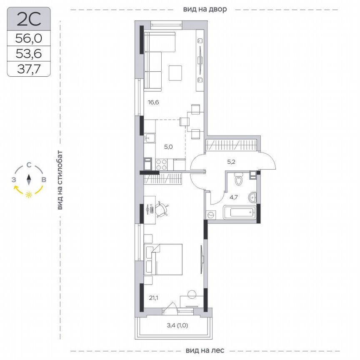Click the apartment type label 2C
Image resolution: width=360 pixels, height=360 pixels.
click(29, 19)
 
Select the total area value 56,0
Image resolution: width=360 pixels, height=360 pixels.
click(29, 39)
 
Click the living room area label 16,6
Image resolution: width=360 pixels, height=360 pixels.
click(153, 102)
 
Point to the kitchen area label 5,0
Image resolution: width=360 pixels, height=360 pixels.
click(167, 147)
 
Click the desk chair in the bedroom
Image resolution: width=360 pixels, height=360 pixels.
click(162, 209)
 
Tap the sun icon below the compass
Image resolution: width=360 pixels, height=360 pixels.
click(29, 195)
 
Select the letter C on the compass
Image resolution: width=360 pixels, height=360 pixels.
click(29, 165)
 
